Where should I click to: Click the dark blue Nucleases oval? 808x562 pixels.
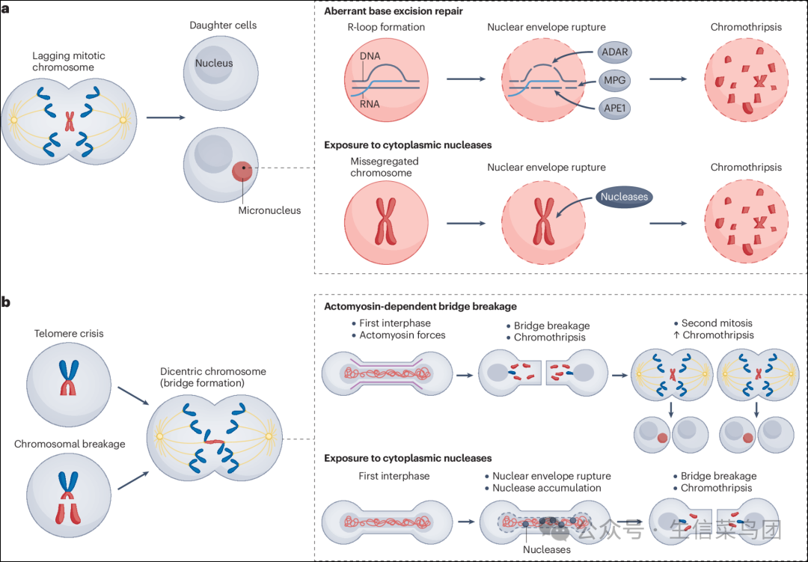(624, 198)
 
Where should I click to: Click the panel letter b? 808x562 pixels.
(6, 302)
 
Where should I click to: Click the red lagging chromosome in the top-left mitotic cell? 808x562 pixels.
(69, 120)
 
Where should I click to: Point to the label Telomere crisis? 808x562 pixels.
(69, 334)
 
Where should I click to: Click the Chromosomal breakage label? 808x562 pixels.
(70, 444)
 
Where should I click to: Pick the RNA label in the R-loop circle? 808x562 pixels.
(369, 104)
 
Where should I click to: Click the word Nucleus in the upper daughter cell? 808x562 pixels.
(214, 63)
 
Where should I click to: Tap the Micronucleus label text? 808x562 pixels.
(269, 210)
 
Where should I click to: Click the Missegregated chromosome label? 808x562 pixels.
(385, 167)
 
